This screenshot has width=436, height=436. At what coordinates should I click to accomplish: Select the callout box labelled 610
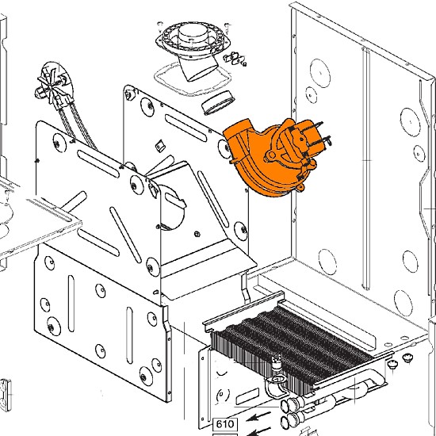(x=225, y=424)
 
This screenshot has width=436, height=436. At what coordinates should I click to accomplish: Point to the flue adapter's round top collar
(x=193, y=34)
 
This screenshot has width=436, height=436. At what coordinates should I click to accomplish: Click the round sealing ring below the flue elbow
(x=218, y=102)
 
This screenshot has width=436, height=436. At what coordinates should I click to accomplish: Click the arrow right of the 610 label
(x=258, y=417)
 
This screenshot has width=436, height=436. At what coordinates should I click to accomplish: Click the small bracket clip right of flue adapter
(x=235, y=59)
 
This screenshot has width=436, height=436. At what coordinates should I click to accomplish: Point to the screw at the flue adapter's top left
(x=160, y=25)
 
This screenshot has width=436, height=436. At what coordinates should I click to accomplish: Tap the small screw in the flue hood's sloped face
(x=197, y=234)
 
